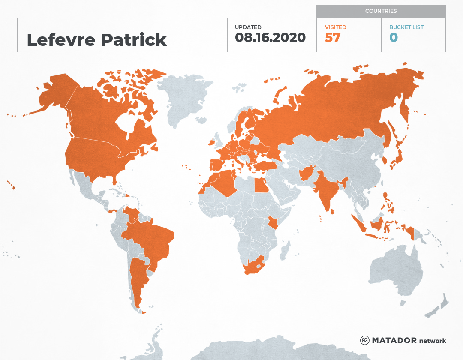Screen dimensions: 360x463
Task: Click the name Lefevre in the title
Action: [x=61, y=40]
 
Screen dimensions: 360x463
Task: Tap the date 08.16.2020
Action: [x=270, y=38]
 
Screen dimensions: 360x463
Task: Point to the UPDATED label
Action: [x=248, y=27]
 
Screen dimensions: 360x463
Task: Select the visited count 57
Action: [x=333, y=38]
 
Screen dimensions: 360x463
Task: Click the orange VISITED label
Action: [x=335, y=27]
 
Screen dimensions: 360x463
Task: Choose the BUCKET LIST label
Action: [x=406, y=27]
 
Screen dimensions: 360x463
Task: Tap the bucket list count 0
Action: [x=394, y=38]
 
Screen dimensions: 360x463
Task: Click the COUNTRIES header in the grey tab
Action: [x=381, y=11]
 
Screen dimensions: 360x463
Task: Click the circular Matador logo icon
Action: [x=365, y=341]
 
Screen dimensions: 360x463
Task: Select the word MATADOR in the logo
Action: [x=394, y=341]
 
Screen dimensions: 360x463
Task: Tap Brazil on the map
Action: [x=150, y=240]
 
